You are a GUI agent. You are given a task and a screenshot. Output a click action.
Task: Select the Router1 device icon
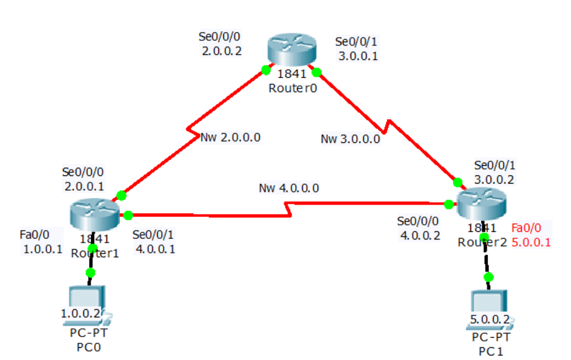tap(95, 214)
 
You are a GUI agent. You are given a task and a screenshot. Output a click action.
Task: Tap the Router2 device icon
tap(482, 202)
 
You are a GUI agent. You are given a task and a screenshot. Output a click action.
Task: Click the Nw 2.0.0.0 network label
tap(231, 137)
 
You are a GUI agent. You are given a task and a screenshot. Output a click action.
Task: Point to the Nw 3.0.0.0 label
tap(350, 139)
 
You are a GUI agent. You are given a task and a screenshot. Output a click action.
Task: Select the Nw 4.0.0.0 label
tap(289, 188)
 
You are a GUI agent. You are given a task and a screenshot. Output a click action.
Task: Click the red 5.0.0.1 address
tap(531, 242)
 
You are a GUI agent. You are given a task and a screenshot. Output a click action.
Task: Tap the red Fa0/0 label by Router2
tap(526, 228)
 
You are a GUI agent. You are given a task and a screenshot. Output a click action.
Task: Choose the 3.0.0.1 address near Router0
tap(358, 56)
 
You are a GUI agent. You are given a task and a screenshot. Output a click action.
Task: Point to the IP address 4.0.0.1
tap(155, 249)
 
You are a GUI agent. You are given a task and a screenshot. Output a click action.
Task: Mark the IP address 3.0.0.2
tap(494, 179)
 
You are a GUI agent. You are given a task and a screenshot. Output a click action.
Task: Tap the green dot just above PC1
tap(489, 277)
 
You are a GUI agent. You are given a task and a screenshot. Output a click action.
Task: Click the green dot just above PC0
tap(90, 273)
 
